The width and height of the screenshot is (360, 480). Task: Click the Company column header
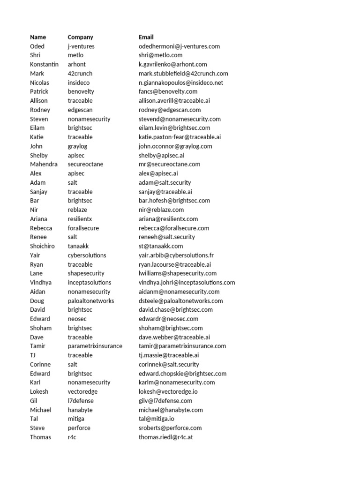[80, 37]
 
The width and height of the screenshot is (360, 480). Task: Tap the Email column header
[146, 37]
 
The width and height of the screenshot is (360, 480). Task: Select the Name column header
[38, 37]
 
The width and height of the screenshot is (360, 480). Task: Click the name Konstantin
[44, 64]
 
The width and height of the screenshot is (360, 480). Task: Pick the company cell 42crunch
[80, 73]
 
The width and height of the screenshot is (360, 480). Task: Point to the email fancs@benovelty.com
[168, 91]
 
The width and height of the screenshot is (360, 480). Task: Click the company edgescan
[81, 110]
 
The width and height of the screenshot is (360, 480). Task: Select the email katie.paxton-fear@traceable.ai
[180, 137]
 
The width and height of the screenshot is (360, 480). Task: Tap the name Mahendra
[44, 164]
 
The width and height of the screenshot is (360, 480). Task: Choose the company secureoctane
[85, 164]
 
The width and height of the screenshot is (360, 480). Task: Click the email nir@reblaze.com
[161, 210]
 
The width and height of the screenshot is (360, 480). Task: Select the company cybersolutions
[87, 255]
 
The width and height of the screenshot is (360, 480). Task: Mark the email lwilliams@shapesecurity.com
[178, 273]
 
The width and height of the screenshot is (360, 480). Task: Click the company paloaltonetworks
[91, 300]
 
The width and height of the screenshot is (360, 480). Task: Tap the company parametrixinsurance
[95, 346]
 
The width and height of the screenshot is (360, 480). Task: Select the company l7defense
[81, 400]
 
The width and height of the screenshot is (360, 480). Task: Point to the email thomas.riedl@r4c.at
[166, 437]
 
